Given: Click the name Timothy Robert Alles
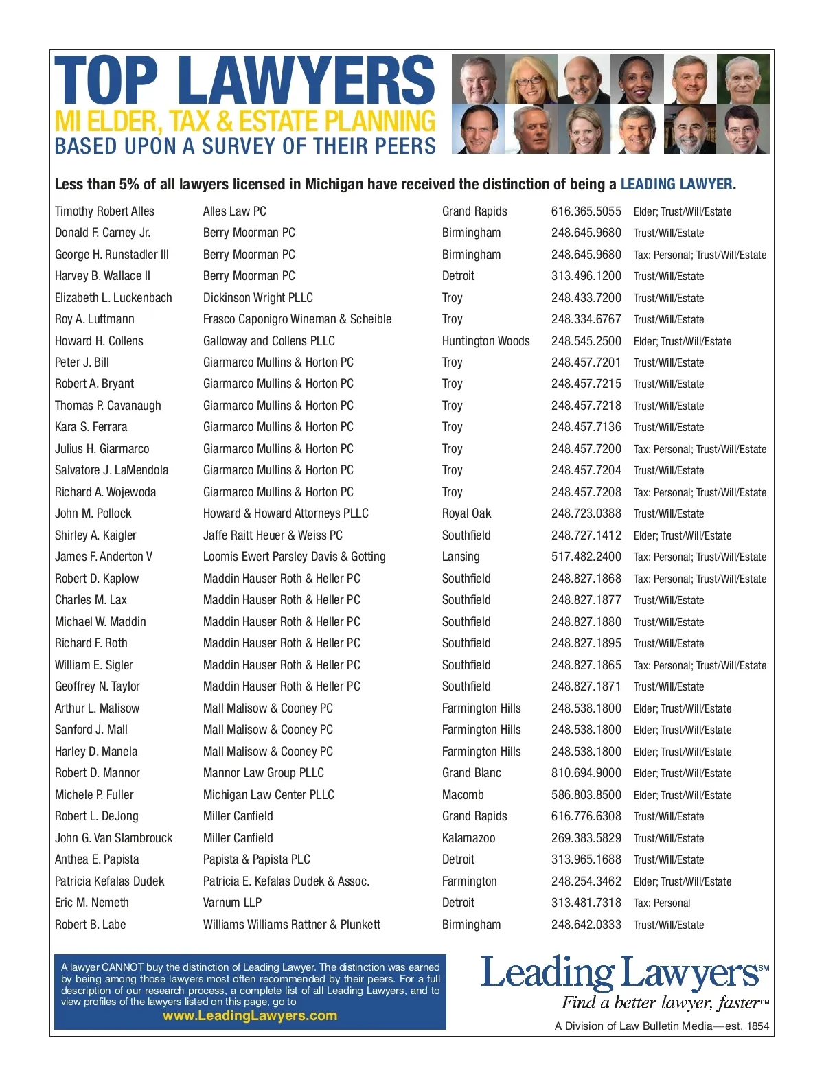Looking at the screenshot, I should click(104, 211).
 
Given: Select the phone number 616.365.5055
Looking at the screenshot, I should click(586, 211).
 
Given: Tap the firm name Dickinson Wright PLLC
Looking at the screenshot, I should click(257, 298).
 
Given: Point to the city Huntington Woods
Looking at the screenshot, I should click(485, 341).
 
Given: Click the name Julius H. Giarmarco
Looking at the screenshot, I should click(102, 449).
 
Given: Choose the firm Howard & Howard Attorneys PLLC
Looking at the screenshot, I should click(286, 513).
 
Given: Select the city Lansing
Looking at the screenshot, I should click(461, 557).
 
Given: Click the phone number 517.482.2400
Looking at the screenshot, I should click(586, 557).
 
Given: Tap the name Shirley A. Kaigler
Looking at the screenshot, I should click(95, 535).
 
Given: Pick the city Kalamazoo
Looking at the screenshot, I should click(468, 838).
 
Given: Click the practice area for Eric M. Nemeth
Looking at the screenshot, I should click(661, 903).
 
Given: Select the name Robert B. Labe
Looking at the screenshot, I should click(90, 925).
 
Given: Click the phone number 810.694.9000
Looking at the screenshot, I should click(586, 773).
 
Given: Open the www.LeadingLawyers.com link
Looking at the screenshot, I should click(250, 1015).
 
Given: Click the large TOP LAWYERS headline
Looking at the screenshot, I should click(244, 81).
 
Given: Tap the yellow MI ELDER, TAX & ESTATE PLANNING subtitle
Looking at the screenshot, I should click(244, 122).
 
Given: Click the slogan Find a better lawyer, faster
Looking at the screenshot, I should click(661, 1003).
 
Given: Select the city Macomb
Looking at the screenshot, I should click(463, 795).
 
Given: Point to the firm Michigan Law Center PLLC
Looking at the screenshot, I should click(268, 795).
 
